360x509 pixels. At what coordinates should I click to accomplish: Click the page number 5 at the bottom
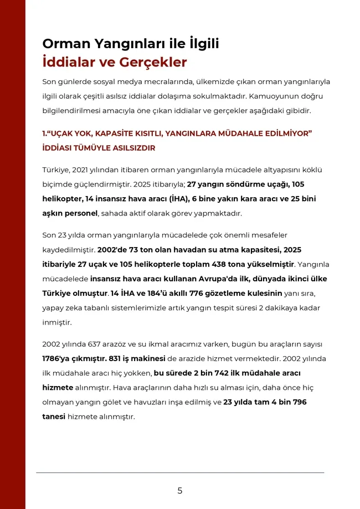[179, 490]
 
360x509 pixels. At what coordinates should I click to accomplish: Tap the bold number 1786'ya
[59, 358]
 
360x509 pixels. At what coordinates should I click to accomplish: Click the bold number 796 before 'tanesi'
[296, 402]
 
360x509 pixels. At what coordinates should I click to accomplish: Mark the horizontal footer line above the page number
[179, 472]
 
